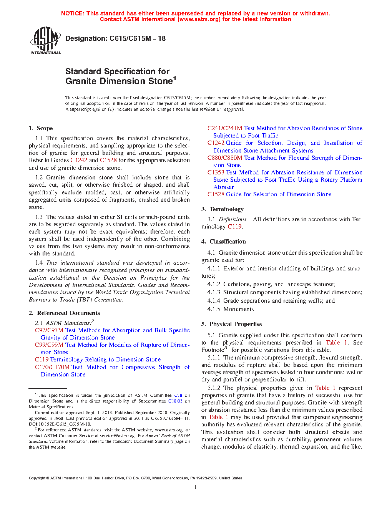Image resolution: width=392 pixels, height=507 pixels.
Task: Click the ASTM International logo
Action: tap(45, 40)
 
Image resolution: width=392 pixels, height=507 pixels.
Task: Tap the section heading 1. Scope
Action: tap(41, 128)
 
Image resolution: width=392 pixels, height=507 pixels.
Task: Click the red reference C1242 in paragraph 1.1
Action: tap(79, 160)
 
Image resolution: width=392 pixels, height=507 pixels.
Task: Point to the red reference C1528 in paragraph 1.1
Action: tap(108, 160)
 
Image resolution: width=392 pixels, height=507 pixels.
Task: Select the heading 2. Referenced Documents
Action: tap(64, 313)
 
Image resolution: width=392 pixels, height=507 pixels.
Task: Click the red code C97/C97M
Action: tap(49, 330)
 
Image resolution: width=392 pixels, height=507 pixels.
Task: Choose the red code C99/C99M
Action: tap(49, 345)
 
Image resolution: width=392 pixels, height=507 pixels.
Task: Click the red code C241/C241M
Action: tap(225, 128)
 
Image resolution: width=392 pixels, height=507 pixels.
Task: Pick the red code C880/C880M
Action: tap(225, 158)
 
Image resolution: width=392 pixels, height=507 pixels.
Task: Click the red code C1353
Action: tap(216, 172)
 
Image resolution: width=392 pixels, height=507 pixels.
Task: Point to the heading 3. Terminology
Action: tap(223, 209)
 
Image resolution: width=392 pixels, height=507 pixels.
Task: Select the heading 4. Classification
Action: tap(224, 242)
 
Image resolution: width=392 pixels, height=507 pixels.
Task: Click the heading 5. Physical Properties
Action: tap(232, 324)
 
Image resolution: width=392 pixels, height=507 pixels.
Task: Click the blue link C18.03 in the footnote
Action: tap(175, 401)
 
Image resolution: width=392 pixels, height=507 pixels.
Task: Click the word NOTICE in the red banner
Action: tap(73, 13)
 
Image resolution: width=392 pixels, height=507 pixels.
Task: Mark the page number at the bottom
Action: tap(196, 487)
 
